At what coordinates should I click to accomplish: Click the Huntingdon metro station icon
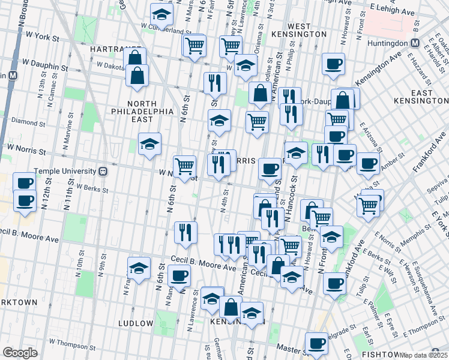pyautogui.click(x=415, y=43)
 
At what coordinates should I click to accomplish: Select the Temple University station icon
pyautogui.click(x=103, y=171)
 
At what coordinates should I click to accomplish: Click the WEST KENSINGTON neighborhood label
pyautogui.click(x=298, y=31)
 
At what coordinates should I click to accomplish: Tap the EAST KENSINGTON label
pyautogui.click(x=422, y=97)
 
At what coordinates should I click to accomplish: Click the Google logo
pyautogui.click(x=20, y=353)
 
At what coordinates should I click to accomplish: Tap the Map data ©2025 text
pyautogui.click(x=424, y=355)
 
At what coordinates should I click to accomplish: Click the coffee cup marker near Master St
pyautogui.click(x=316, y=343)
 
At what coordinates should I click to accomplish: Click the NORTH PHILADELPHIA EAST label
pyautogui.click(x=142, y=107)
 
